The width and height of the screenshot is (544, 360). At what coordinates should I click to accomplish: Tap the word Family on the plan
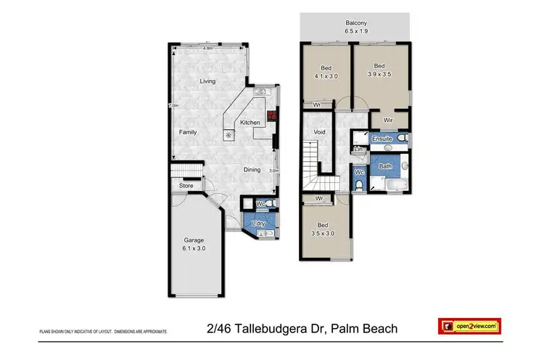[x=189, y=132]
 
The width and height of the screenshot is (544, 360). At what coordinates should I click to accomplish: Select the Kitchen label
[x=250, y=123]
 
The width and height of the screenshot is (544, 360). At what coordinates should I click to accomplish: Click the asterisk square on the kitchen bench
[x=229, y=135]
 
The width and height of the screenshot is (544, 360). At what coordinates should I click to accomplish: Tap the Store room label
[x=185, y=186]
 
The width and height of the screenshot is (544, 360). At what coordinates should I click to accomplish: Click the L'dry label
[x=258, y=224]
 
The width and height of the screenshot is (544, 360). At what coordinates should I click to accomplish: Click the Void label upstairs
[x=319, y=133]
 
